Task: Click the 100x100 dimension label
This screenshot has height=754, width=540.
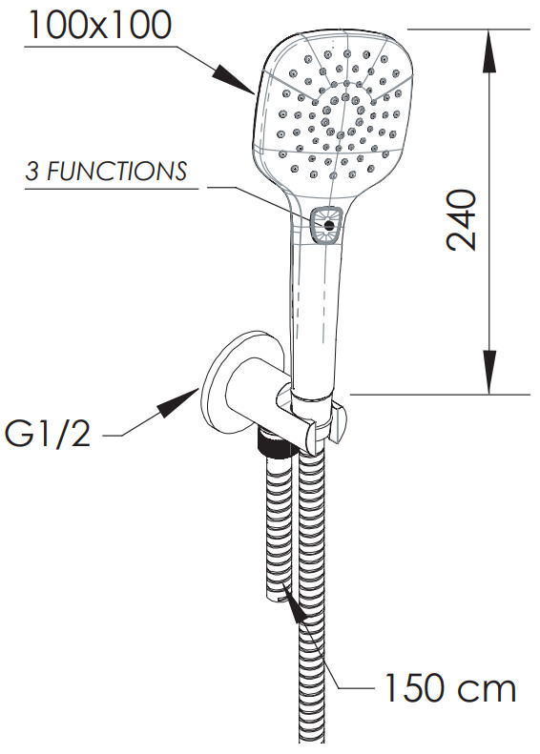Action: (99, 25)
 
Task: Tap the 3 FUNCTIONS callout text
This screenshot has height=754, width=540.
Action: (106, 172)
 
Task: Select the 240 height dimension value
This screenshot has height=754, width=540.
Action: (462, 220)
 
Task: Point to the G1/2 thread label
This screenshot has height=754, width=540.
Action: (48, 436)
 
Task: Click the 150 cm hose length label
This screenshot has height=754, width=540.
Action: (450, 687)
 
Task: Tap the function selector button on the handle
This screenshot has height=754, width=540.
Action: (328, 225)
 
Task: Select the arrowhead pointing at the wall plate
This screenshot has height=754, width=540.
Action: (178, 401)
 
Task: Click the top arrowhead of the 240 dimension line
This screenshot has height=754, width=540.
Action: (489, 51)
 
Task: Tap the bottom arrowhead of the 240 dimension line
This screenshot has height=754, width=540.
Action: (489, 372)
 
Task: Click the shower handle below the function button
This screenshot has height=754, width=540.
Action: (315, 313)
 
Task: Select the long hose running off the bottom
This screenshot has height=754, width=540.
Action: (311, 601)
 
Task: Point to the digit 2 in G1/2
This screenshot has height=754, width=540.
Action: (78, 436)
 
